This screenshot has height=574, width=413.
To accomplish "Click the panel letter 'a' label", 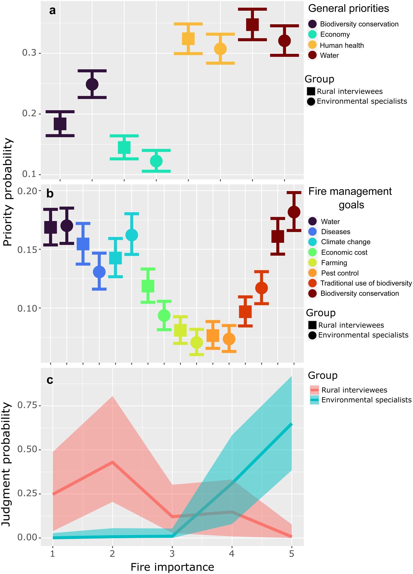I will point(52,11).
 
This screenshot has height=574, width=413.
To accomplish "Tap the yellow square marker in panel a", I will point(188,39).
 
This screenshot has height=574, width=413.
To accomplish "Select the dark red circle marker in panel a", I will point(285,41).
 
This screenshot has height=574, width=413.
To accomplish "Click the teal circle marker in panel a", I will point(156,161).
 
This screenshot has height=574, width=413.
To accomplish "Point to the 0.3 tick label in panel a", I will point(29,53).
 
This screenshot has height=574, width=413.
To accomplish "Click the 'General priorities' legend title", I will point(348,9).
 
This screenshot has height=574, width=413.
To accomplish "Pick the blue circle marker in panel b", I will point(99,272).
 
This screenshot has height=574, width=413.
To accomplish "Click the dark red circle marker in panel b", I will point(294,212).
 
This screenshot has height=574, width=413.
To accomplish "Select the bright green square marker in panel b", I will point(148,286).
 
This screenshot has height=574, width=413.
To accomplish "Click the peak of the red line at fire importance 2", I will point(112,462).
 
